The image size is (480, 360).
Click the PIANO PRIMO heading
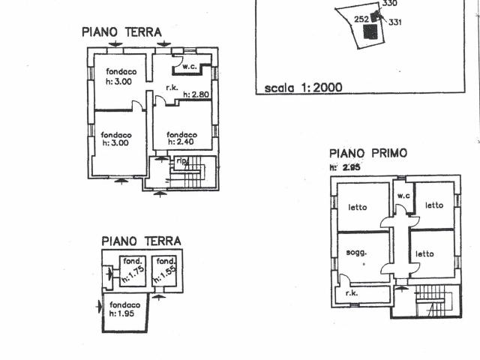point(367,153)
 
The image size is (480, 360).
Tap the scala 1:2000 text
point(303,88)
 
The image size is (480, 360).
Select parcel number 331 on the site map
point(395,22)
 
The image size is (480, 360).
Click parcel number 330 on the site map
point(389,4)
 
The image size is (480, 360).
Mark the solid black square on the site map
point(369,31)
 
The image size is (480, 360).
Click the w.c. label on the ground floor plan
point(188,67)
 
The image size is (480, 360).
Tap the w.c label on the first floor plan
point(403,196)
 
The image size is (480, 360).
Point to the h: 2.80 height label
point(198,94)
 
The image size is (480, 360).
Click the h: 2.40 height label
point(181,141)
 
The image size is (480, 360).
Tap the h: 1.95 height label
point(121,312)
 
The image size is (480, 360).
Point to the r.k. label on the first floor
point(352,294)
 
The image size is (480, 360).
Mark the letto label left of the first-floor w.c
point(358,207)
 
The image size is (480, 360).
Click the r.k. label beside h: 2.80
point(171,88)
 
